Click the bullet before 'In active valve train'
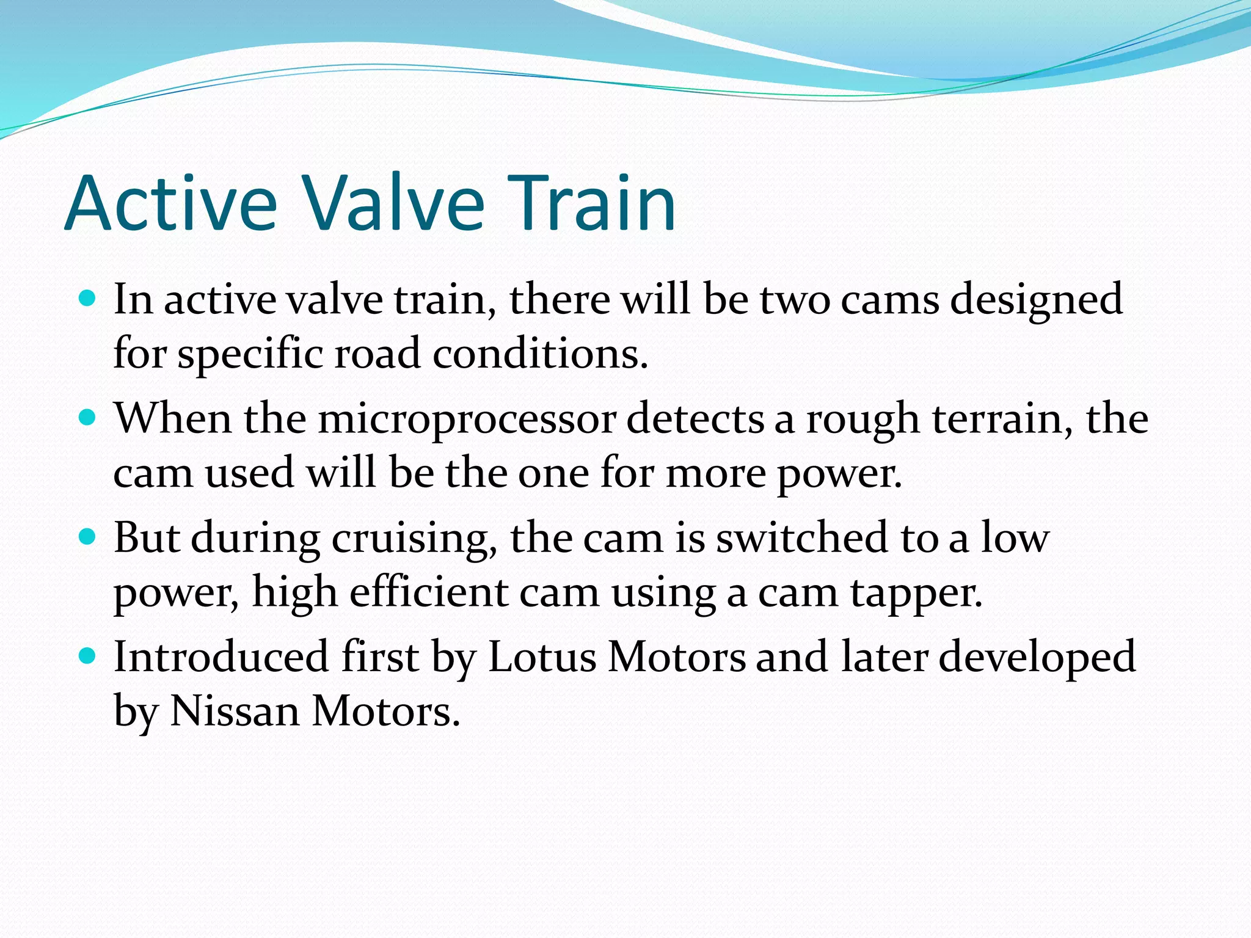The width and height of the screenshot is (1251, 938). [x=88, y=298]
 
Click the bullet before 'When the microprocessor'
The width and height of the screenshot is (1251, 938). [x=88, y=418]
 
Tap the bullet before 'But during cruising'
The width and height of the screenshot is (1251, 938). [x=88, y=537]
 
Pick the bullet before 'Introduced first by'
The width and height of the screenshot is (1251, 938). [x=88, y=656]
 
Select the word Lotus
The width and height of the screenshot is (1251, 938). [x=542, y=657]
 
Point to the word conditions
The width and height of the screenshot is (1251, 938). [x=540, y=354]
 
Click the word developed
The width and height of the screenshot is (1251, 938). [x=1037, y=658]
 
